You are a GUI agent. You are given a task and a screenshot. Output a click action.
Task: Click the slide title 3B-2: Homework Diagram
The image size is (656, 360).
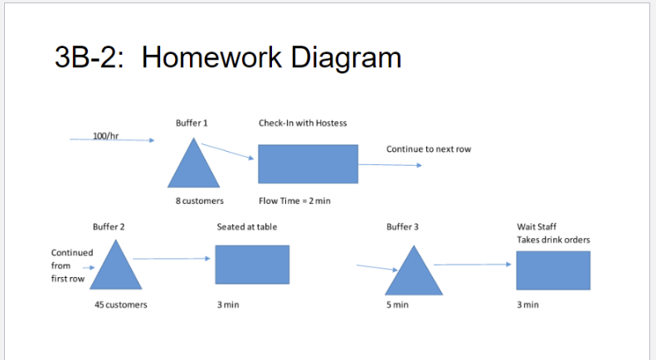tap(227, 57)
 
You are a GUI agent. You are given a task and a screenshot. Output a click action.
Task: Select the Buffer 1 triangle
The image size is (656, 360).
tap(193, 167)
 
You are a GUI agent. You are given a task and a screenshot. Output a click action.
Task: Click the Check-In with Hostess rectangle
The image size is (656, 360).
tap(308, 163)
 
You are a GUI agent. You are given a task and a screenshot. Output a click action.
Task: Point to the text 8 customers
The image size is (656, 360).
tap(199, 201)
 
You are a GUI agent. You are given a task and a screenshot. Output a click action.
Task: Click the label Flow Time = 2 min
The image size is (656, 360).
tap(294, 201)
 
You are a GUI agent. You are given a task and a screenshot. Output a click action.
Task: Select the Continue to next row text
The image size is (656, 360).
tap(429, 148)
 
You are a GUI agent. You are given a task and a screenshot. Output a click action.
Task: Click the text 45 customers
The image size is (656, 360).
tap(121, 304)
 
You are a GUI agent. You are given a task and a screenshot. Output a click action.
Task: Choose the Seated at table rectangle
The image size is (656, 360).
tap(252, 265)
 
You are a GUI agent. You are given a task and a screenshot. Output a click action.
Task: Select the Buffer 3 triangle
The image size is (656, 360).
tap(413, 275)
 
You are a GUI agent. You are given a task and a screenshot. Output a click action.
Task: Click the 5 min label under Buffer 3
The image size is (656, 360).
tap(398, 305)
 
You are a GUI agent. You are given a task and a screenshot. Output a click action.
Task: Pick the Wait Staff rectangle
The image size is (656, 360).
tap(553, 270)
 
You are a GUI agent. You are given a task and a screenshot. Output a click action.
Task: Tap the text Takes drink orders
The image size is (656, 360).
tap(553, 240)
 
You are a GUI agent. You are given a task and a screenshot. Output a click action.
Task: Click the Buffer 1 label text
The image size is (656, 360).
tap(192, 123)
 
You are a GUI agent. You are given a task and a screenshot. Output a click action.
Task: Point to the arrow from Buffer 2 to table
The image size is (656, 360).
tap(171, 259)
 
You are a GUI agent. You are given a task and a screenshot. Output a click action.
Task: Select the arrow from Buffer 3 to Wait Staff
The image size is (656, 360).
tap(472, 265)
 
